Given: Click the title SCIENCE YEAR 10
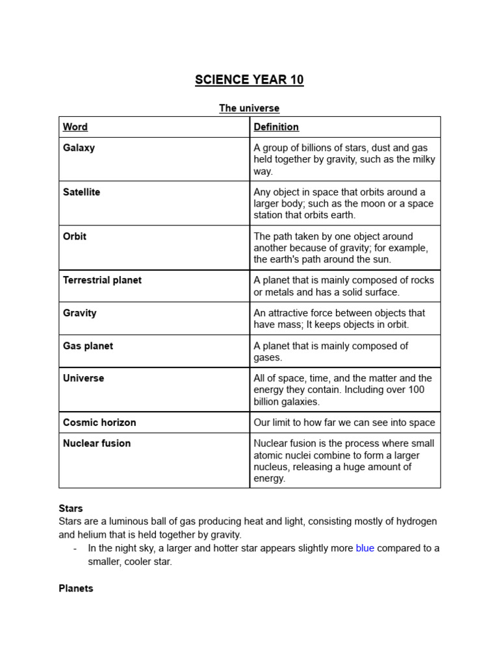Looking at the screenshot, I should (x=249, y=80).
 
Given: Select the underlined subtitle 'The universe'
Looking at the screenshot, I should (x=249, y=108).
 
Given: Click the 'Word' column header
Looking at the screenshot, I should (x=75, y=127).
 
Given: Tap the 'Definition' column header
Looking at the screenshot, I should (x=276, y=127).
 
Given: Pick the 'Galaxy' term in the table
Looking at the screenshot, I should (x=79, y=148).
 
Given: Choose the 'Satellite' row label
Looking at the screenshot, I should (x=81, y=192).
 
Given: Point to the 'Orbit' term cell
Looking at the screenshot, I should (x=75, y=236).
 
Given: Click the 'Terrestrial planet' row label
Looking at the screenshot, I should (x=102, y=281).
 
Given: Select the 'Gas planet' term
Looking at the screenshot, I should (x=88, y=346).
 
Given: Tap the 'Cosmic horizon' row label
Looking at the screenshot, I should (x=99, y=423).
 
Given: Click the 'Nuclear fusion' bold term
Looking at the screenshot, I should (x=97, y=444).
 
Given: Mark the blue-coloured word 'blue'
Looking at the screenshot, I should (x=365, y=548).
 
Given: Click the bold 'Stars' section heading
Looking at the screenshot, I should (x=71, y=508).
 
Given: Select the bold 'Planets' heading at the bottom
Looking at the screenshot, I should (x=76, y=588).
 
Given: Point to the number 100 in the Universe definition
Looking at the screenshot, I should (x=416, y=390).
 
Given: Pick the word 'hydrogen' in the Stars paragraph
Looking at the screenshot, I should (x=414, y=521).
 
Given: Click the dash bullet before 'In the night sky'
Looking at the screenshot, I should (x=76, y=548).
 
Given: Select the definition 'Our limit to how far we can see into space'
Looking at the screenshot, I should (x=344, y=423).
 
